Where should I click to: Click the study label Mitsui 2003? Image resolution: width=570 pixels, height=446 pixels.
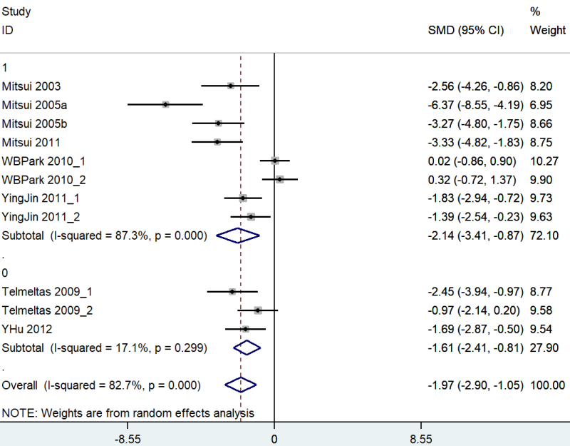pos(31,86)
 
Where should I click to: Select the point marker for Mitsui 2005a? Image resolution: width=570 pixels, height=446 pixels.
pos(165,104)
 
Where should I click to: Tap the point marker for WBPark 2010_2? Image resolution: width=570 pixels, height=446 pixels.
pos(280,179)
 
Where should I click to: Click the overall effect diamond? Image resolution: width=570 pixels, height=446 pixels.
pos(241,385)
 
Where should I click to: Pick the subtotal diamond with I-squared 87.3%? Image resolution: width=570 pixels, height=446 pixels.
pos(238,235)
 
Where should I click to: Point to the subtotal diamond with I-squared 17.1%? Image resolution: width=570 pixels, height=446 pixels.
pos(247,348)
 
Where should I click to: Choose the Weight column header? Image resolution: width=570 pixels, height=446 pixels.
pos(548,31)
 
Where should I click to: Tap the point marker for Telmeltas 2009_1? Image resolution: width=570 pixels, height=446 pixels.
pos(232,292)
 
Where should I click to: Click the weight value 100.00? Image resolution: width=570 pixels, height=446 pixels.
pos(547,385)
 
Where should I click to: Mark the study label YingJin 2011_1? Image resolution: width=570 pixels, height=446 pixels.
pos(38,198)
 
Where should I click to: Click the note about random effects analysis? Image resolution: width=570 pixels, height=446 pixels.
pos(128,413)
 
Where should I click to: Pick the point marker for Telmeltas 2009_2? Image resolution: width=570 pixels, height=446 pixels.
pos(258,310)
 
